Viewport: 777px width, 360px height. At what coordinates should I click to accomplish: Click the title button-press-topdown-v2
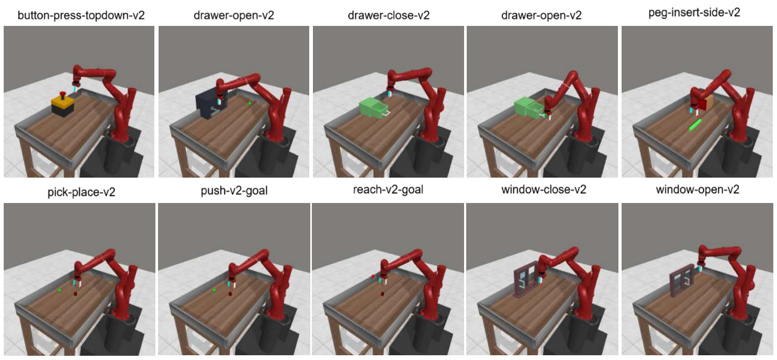point(81,16)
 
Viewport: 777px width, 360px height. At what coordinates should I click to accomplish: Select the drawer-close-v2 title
point(388,15)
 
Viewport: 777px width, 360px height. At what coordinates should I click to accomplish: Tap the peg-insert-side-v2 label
point(694,13)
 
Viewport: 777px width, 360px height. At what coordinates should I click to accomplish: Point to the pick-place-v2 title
point(81,192)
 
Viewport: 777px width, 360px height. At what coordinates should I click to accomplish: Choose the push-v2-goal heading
point(234,190)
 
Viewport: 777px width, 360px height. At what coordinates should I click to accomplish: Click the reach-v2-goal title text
point(388,190)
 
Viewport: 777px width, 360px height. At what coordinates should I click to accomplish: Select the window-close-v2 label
point(543,189)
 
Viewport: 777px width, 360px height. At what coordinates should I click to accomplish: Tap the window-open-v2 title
point(697,189)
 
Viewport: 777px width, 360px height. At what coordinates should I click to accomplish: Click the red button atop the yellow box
point(63,94)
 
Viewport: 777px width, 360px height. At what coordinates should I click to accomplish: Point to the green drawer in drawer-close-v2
point(373,107)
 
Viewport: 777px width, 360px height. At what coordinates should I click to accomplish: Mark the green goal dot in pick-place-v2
point(59,290)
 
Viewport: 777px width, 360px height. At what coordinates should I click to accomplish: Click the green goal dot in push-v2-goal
point(214,290)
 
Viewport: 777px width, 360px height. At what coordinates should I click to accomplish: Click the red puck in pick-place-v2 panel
point(75,294)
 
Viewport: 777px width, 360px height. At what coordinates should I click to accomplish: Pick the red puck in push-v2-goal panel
point(230,294)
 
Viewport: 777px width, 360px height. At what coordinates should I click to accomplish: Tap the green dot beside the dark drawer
point(249,103)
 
